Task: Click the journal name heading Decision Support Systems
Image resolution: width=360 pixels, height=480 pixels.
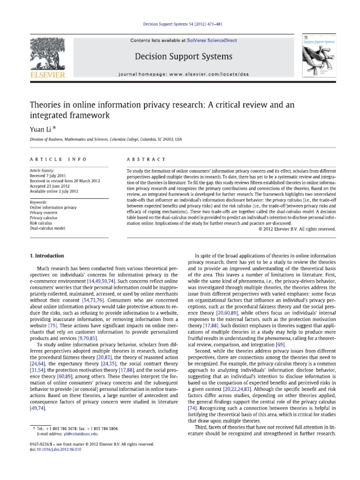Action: coord(183,57)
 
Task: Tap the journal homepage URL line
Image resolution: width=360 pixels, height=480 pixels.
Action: coord(183,75)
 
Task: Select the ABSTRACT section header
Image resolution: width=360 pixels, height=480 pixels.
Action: coord(140,159)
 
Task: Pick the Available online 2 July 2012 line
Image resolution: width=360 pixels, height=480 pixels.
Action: coord(55,191)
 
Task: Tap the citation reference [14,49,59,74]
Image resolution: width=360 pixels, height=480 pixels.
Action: coord(111,280)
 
